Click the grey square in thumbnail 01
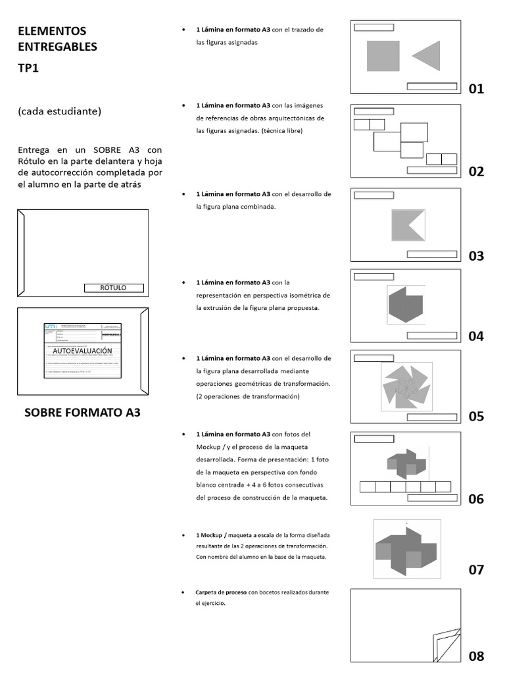point(383,56)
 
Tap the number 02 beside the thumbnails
point(476,172)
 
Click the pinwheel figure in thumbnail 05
point(406,386)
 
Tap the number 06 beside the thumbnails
point(476,499)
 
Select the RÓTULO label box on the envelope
point(114,288)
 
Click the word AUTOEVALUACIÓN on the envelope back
point(83,351)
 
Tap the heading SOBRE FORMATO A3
point(82,413)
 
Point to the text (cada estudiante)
point(60,111)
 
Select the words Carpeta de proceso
point(221,592)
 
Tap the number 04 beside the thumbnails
point(476,336)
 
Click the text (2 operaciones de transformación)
point(248,396)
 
